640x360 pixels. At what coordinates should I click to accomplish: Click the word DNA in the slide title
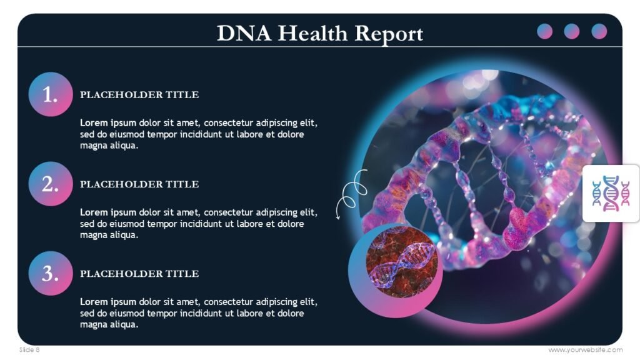244,33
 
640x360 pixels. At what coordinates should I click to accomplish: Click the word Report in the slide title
388,33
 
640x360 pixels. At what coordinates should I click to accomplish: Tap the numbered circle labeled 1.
51,94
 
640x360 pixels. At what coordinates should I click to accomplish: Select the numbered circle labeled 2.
51,184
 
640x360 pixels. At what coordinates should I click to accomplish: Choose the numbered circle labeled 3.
51,273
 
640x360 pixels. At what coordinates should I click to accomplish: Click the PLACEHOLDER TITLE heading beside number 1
139,95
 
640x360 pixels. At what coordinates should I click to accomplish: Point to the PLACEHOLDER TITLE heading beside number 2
139,184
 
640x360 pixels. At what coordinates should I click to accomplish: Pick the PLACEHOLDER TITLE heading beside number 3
139,274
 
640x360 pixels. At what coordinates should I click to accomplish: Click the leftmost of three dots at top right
545,31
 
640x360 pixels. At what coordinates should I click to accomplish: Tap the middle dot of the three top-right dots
572,31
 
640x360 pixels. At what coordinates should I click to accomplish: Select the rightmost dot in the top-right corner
599,31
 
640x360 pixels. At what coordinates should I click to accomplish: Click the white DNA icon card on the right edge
611,193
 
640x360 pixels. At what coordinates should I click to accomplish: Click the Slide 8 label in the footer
29,350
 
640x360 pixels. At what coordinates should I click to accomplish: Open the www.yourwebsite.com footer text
585,350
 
